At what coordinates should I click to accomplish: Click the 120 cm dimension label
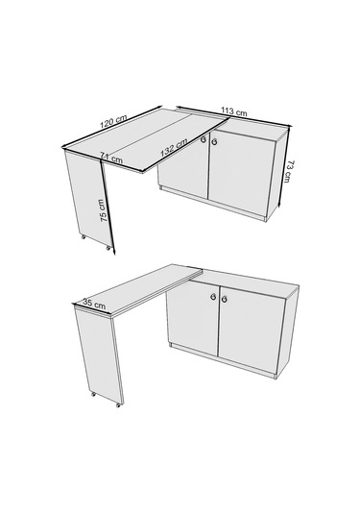[113, 121]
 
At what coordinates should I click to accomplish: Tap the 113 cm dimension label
[234, 111]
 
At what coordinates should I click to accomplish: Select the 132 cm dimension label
[174, 148]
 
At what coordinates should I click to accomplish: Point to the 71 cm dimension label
[111, 158]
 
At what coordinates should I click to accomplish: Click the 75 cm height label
[104, 210]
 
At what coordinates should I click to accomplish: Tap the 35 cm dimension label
[94, 304]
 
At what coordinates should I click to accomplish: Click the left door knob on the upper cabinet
[204, 140]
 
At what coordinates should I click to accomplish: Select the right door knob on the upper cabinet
[214, 142]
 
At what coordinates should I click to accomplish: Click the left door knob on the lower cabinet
[213, 297]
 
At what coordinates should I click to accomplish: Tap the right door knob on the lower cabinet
[225, 299]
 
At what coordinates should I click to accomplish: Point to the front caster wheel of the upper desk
[108, 248]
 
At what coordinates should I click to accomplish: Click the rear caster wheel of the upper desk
[84, 236]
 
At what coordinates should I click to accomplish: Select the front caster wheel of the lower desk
[118, 405]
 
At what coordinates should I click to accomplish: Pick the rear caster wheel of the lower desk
[93, 394]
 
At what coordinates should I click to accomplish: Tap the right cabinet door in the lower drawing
[252, 330]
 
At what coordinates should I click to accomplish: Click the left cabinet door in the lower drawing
[192, 317]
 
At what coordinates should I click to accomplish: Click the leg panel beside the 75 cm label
[87, 198]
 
